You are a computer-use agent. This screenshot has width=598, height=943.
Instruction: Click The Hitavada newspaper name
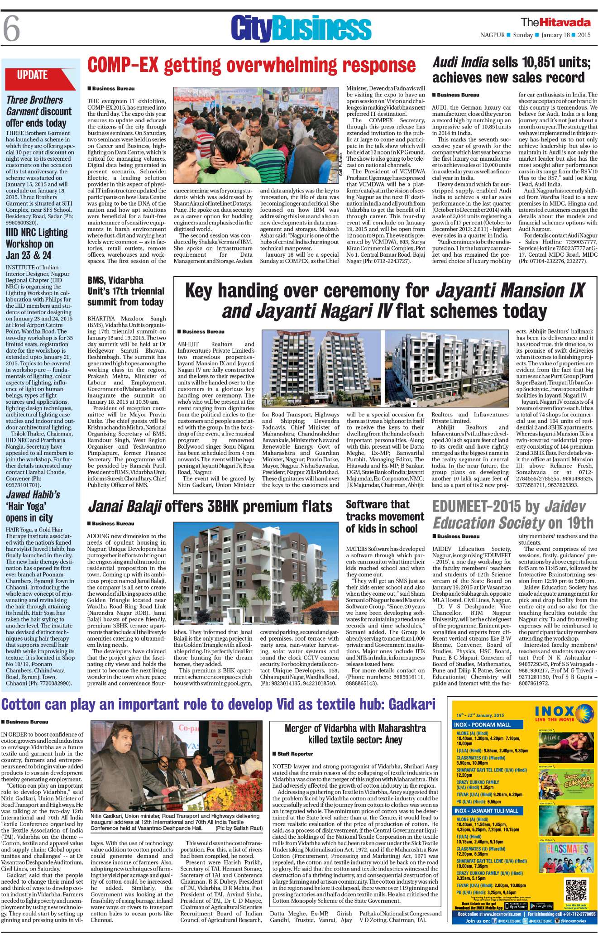(x=555, y=22)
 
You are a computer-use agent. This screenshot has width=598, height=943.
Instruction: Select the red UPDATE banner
(x=33, y=75)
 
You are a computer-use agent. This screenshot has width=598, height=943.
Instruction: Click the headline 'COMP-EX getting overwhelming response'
(x=251, y=65)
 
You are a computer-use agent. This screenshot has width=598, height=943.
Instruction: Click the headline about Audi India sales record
(x=512, y=70)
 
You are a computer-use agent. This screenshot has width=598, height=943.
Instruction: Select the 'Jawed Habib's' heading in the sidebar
(x=33, y=494)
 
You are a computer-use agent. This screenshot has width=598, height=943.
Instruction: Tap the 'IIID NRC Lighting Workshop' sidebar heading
(x=36, y=244)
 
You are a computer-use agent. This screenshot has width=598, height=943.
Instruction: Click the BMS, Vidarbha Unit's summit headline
(x=125, y=291)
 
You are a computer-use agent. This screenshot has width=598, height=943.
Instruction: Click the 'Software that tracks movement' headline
(x=385, y=517)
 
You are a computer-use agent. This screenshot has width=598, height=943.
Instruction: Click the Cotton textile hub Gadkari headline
(x=219, y=704)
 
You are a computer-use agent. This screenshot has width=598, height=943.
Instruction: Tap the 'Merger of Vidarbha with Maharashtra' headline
(x=355, y=734)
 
